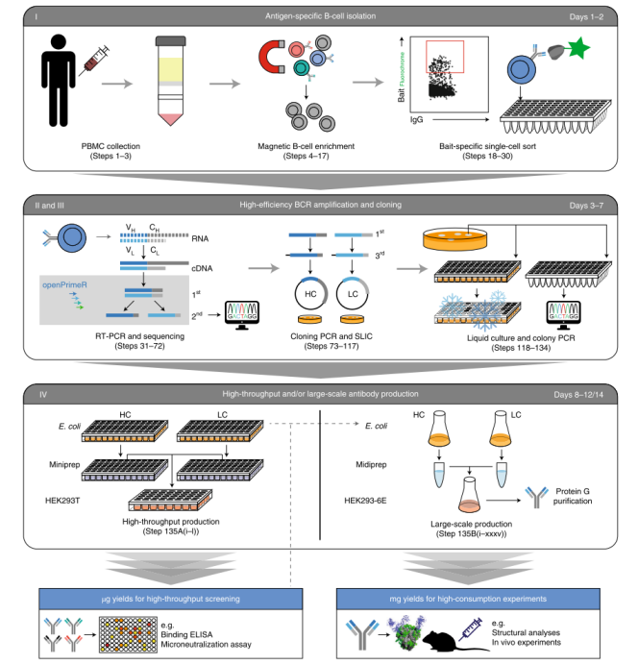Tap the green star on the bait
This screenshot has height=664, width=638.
[578, 47]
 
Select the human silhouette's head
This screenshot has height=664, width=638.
[58, 42]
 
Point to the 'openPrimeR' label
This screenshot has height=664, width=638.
[64, 285]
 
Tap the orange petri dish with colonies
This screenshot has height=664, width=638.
[454, 239]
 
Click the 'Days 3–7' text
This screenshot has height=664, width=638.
[586, 206]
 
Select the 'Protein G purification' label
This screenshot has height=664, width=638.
[573, 496]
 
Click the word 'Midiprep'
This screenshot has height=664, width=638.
[371, 464]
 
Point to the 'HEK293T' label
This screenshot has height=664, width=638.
[62, 501]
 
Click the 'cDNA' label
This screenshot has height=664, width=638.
[202, 268]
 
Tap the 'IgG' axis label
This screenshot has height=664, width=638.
[416, 120]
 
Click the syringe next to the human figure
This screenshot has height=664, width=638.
[94, 61]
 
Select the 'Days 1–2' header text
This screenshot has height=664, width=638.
[586, 17]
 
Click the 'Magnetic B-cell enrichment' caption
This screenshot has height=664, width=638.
[307, 146]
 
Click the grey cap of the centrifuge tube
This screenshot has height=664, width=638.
[171, 41]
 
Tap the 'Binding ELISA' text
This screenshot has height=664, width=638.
[186, 634]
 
